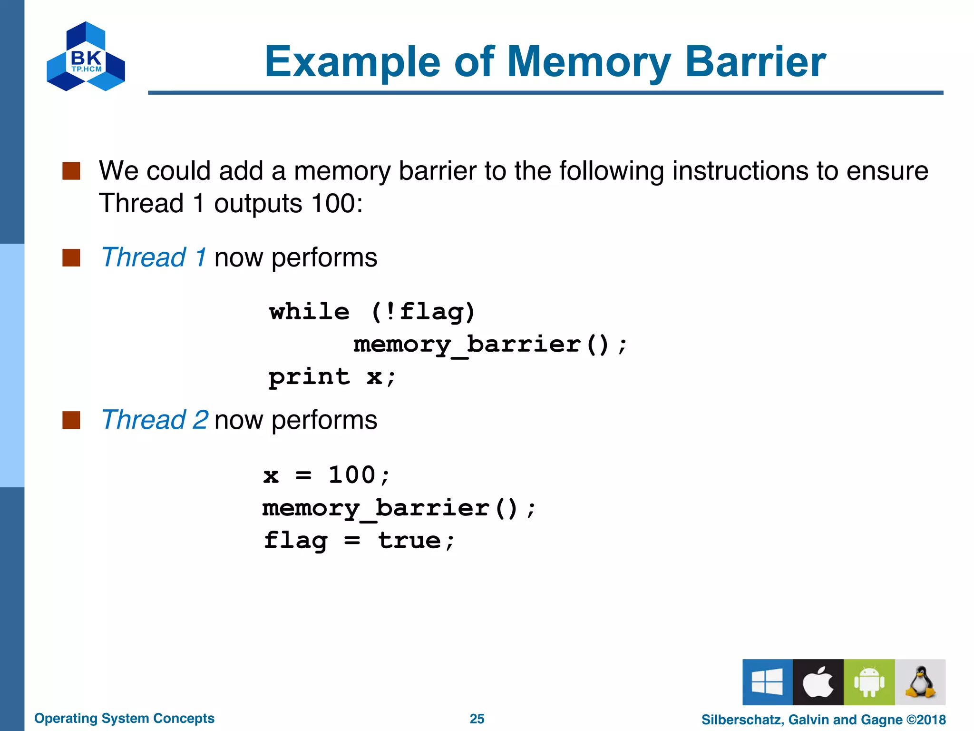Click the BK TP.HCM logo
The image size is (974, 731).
[x=86, y=57]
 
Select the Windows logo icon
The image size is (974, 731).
[x=767, y=682]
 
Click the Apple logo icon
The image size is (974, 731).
[x=818, y=682]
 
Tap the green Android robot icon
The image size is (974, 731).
[x=869, y=682]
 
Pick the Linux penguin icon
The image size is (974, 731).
[x=920, y=682]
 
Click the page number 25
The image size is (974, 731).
[x=477, y=719]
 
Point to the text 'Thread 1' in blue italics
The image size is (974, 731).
[x=154, y=257]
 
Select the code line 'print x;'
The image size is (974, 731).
[x=332, y=377]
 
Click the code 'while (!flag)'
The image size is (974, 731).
[x=372, y=312]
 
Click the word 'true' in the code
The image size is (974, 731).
[x=409, y=540]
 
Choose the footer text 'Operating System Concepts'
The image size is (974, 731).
[x=124, y=718]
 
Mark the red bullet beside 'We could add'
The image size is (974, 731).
[x=71, y=171]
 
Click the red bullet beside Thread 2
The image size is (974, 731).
[x=71, y=420]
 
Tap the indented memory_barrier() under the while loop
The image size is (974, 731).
[x=490, y=345]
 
